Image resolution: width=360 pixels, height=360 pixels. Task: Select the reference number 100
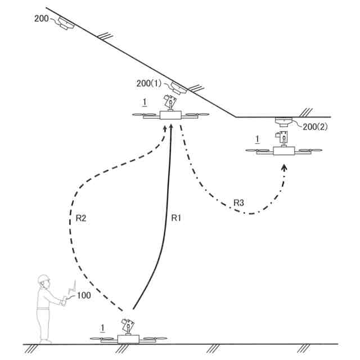coord(84,295)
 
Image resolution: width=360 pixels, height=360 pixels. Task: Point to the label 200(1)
coord(148,83)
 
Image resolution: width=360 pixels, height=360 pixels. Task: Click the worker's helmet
coord(43,278)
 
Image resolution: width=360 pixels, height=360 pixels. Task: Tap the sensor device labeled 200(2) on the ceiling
coord(283,121)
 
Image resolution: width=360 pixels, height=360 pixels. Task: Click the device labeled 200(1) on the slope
coord(179,88)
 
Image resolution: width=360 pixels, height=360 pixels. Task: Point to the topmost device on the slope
coord(66,24)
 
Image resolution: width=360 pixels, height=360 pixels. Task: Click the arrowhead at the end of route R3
coord(284,166)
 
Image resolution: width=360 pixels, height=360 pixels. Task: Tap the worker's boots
coord(46,340)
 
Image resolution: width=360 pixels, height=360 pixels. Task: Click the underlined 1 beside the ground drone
coord(101,327)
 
